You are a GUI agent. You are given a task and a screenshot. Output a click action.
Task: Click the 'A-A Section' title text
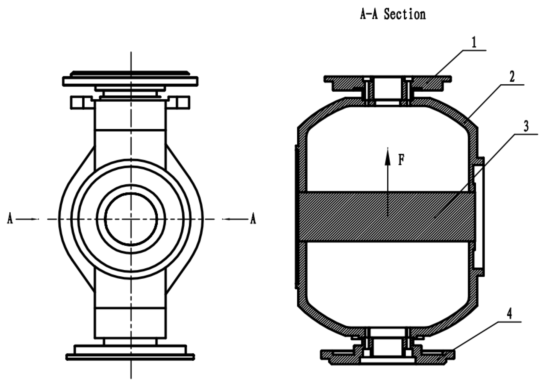pos(393,14)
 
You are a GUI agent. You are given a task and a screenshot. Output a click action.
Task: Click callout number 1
pos(474,43)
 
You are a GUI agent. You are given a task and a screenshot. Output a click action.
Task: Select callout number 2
pos(512,77)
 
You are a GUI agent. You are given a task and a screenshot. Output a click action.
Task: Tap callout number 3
pos(526,126)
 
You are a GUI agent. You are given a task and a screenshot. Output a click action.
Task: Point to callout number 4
pos(510,314)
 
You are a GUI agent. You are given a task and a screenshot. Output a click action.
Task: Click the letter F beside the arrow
pos(401,160)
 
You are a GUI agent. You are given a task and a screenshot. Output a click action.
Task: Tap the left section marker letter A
pos(10,219)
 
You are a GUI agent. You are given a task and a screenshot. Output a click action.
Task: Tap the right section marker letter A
pos(253,219)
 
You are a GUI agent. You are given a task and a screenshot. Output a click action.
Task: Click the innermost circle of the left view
pos(131,219)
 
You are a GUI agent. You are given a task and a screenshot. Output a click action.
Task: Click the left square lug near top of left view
pos(77,103)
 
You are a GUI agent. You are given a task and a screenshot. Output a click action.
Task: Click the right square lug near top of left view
pos(183,103)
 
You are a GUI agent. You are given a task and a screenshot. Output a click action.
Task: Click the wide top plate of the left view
pos(130,81)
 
